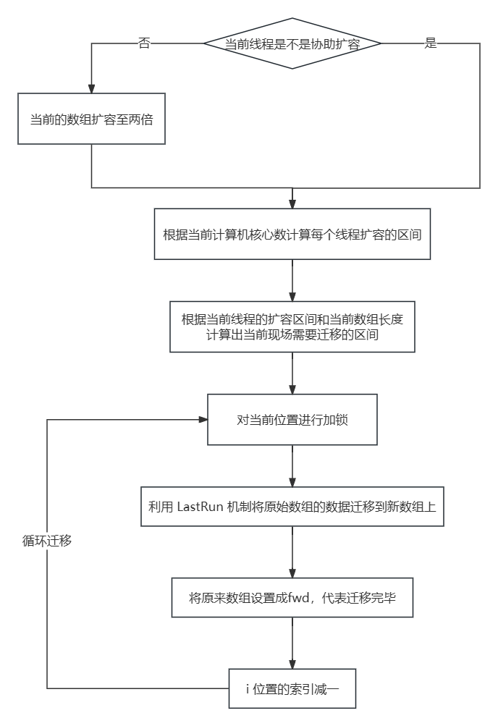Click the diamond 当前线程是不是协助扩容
tap(292, 43)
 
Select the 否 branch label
tap(144, 43)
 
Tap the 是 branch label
tap(431, 43)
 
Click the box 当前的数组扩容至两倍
tap(91, 119)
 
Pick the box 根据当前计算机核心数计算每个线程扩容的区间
tap(292, 234)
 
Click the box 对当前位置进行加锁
tap(292, 419)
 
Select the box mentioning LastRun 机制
tap(292, 506)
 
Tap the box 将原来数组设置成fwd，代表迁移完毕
tap(292, 598)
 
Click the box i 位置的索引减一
tap(292, 688)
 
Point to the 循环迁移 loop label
tap(47, 541)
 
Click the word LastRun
tap(200, 506)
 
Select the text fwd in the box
tap(298, 598)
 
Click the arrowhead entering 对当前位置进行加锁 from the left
tap(203, 419)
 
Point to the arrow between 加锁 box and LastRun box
tap(292, 465)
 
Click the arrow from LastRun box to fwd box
tap(292, 552)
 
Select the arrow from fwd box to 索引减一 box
tap(292, 643)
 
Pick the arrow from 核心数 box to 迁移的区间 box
tap(292, 280)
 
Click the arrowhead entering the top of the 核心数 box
tap(292, 204)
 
